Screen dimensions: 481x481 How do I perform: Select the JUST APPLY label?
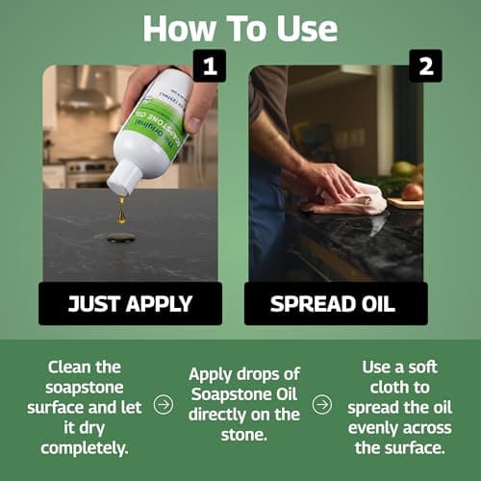click(x=131, y=303)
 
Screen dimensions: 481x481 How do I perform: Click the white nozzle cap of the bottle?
click(x=122, y=180)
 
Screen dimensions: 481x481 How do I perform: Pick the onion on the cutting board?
click(x=412, y=191)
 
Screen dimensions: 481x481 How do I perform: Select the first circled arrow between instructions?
click(x=164, y=405)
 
